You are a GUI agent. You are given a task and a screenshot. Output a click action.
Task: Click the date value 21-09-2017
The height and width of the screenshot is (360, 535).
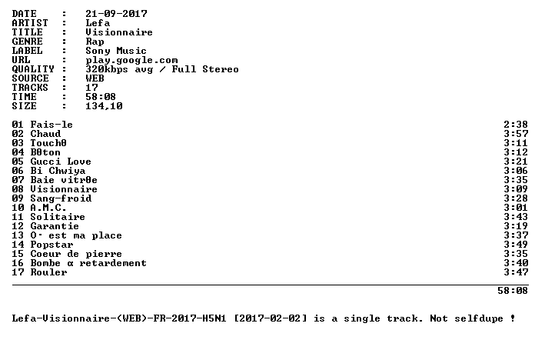click(x=116, y=14)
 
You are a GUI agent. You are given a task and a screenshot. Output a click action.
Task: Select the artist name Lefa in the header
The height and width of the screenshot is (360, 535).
click(x=98, y=23)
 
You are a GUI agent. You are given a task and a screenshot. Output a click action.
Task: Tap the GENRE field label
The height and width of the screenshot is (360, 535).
click(x=28, y=42)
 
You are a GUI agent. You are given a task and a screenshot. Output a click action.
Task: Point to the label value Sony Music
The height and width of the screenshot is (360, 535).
click(x=116, y=51)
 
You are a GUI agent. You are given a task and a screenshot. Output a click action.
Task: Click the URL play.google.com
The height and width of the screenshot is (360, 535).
click(x=131, y=61)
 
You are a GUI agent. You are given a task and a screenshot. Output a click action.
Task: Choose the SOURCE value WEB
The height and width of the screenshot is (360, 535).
click(x=95, y=78)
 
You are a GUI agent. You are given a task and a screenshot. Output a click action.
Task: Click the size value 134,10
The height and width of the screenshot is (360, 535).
click(x=104, y=106)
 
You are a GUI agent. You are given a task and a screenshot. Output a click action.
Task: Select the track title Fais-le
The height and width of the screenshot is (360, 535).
click(x=52, y=125)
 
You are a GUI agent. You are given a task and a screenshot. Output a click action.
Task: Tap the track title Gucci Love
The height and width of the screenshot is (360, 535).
click(x=61, y=162)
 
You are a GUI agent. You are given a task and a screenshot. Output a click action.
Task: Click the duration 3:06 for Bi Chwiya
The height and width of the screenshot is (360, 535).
click(x=516, y=171)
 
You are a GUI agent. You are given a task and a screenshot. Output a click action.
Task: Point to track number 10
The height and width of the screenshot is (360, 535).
click(x=18, y=208)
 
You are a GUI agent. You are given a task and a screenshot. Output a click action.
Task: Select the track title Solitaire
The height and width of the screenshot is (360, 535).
click(x=58, y=217)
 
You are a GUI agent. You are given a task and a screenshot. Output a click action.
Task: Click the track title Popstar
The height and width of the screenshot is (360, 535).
click(x=52, y=245)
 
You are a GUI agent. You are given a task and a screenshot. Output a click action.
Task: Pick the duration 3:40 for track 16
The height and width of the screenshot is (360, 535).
click(x=516, y=262)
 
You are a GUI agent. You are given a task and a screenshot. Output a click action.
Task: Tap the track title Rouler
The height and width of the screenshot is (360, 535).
click(x=48, y=272)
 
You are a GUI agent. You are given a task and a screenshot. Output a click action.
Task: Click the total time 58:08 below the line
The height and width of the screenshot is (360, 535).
click(x=513, y=291)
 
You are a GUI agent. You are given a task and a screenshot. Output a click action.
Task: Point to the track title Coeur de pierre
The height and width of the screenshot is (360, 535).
click(x=76, y=254)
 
